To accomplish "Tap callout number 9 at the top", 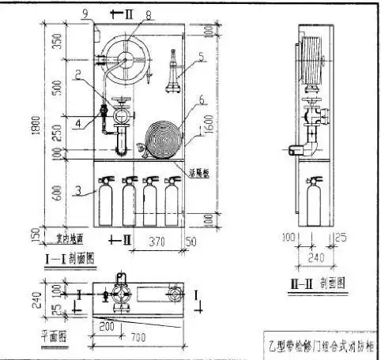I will point(85,13).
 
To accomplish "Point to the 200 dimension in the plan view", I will point(108,324).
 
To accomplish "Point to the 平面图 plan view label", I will point(54,334).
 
